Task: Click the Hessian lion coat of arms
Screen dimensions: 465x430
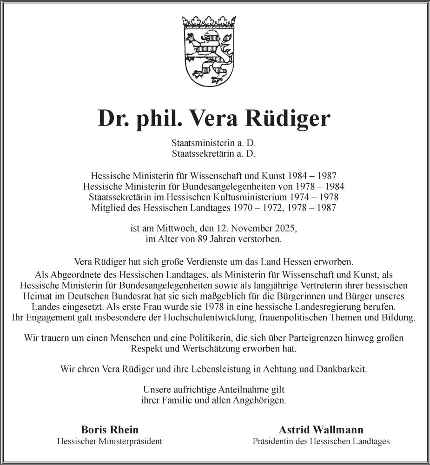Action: coord(209,56)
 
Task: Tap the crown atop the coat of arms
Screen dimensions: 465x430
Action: coord(209,21)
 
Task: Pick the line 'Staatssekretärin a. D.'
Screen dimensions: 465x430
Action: coord(213,153)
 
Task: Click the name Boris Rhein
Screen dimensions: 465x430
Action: coord(110,430)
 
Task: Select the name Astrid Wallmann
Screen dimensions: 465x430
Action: coord(321,430)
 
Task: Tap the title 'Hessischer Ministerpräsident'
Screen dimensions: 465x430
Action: coord(110,441)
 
